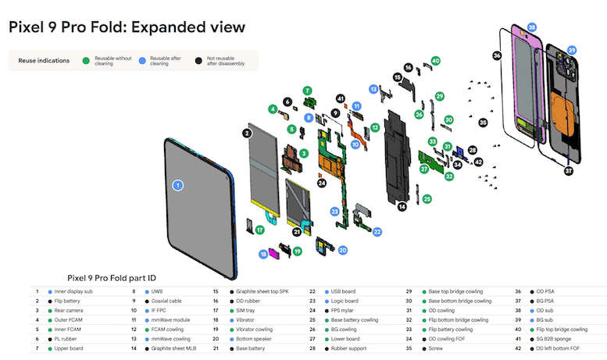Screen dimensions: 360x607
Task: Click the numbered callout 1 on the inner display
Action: [x=177, y=185]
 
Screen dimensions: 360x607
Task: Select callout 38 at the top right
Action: [x=532, y=27]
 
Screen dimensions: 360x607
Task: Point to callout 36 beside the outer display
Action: [x=497, y=55]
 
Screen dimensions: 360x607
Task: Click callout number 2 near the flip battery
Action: [x=247, y=134]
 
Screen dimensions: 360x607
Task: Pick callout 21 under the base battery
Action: [x=297, y=232]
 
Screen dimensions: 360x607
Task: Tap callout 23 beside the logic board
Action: [x=334, y=212]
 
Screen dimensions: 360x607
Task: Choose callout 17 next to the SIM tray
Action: [x=259, y=229]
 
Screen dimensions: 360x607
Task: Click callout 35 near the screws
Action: [x=483, y=122]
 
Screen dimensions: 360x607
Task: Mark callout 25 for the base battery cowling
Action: [x=427, y=199]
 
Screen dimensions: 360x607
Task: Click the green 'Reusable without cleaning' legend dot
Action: [x=86, y=60]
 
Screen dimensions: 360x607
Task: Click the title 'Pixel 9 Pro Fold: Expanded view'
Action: [x=127, y=27]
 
